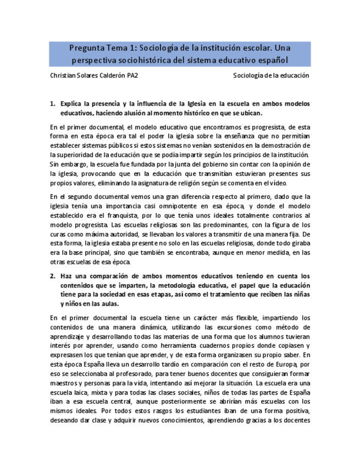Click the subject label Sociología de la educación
click(x=272, y=76)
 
